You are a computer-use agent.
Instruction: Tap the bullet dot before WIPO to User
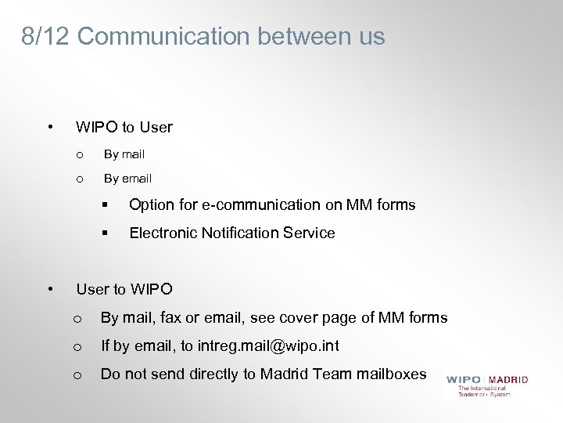click(50, 125)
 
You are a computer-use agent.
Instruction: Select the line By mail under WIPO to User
click(124, 154)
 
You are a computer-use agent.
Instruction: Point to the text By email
click(127, 179)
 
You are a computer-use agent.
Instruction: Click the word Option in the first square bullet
click(149, 205)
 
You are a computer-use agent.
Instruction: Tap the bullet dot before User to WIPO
click(50, 289)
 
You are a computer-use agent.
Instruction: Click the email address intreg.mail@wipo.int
click(268, 345)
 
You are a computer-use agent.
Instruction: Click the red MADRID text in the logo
click(508, 380)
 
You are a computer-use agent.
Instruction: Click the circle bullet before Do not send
click(77, 374)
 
